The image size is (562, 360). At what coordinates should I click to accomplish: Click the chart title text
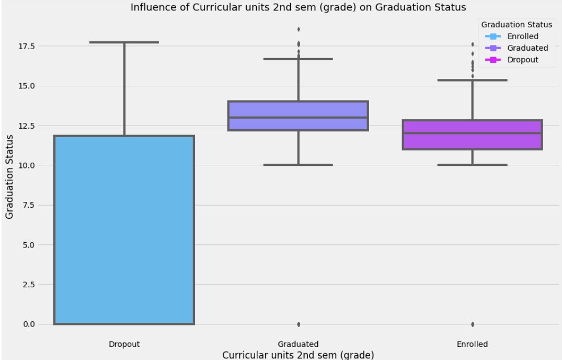coord(298,7)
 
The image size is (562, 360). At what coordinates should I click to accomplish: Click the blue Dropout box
coord(124,230)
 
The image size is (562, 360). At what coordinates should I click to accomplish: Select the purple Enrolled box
coord(472,135)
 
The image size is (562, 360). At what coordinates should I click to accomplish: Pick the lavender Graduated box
coord(298,116)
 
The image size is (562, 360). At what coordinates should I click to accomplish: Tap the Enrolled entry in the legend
coord(522,37)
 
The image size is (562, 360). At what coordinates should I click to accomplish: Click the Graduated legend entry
coord(527,48)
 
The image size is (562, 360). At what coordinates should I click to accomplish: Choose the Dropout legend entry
coord(522,60)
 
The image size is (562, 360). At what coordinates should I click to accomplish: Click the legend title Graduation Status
coord(517,25)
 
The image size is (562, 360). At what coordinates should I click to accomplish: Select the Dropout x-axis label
coord(124,344)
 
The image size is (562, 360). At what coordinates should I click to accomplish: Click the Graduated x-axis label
coord(298,344)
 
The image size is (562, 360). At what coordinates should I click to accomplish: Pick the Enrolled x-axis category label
coord(472,344)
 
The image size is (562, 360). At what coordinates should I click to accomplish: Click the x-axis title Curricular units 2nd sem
coord(298,355)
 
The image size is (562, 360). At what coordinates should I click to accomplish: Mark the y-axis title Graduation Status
coord(9,176)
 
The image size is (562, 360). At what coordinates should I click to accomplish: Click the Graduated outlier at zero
coord(299,324)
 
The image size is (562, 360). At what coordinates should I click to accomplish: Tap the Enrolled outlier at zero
coord(473,324)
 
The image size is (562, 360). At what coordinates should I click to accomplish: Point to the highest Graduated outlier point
coord(299,29)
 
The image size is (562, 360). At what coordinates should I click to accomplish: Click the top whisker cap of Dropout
coord(124,42)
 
